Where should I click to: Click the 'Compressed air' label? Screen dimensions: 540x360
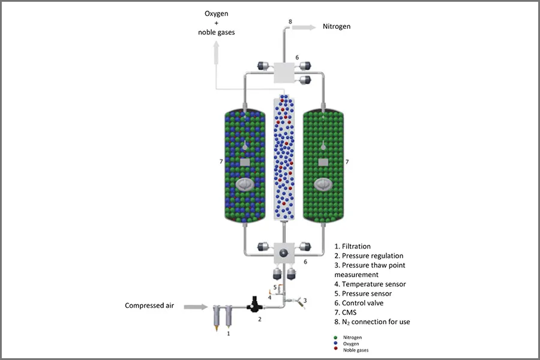point(149,305)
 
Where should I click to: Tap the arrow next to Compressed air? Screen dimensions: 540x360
point(196,307)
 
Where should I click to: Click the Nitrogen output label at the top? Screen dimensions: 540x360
point(337,26)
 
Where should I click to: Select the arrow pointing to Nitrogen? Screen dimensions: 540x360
point(304,28)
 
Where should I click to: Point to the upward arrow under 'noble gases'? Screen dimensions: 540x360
point(216,53)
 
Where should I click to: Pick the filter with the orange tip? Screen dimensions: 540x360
point(217,317)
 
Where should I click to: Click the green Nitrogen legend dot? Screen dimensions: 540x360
point(336,338)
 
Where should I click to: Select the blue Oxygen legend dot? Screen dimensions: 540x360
point(336,343)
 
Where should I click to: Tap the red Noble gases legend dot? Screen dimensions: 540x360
point(336,349)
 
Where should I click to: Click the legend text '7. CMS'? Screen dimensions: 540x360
point(346,313)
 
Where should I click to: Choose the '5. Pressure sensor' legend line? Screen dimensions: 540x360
point(363,293)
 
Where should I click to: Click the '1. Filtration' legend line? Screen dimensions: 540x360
point(352,247)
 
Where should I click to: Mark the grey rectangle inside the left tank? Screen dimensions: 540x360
point(245,162)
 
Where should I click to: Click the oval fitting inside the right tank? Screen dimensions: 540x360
point(323,185)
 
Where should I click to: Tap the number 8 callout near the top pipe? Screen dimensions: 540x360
point(290,22)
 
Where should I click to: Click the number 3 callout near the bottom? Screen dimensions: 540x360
point(305,301)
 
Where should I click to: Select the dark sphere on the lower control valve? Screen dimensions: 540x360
point(283,253)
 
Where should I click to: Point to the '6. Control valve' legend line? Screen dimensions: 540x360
point(359,303)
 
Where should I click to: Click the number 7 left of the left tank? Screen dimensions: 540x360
point(221,161)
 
